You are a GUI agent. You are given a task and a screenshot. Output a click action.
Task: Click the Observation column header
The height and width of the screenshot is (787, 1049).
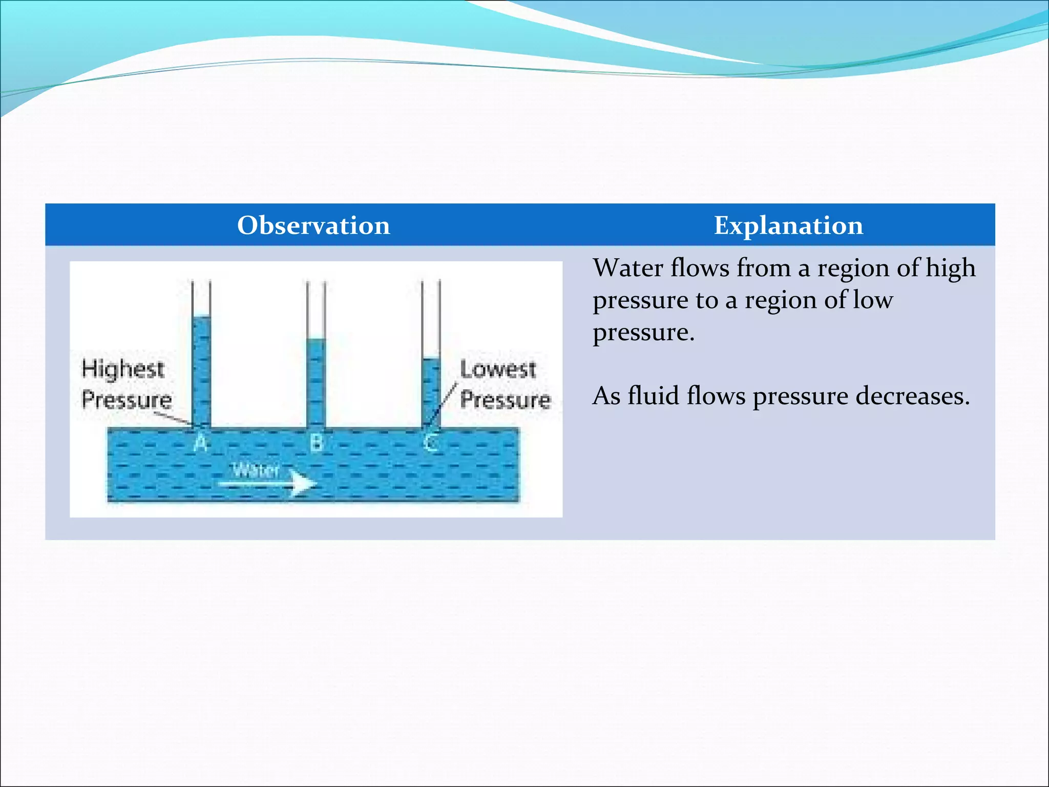313,225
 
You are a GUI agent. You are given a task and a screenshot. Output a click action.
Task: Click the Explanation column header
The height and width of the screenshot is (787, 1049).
788,225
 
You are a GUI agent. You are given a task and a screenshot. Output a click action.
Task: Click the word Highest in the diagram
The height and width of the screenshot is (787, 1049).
123,369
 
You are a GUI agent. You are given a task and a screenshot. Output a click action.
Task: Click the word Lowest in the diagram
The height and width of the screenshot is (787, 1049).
498,369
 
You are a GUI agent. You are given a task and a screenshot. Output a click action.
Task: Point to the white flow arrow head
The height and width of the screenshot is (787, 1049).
304,483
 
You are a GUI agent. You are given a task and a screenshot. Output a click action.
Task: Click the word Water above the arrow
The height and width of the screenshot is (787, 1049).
256,469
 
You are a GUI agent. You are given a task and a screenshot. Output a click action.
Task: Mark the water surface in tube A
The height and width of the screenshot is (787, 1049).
201,317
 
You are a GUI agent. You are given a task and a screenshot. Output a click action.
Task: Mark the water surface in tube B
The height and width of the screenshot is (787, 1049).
316,339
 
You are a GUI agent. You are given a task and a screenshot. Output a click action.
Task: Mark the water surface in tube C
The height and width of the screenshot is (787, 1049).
431,359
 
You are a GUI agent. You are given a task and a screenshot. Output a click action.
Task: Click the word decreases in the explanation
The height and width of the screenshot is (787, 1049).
912,396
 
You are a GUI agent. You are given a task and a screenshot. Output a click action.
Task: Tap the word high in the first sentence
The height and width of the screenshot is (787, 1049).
950,268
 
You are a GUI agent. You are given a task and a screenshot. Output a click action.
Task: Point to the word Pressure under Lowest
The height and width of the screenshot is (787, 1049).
505,400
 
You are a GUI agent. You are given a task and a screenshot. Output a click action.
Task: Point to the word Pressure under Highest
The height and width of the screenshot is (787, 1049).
127,400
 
